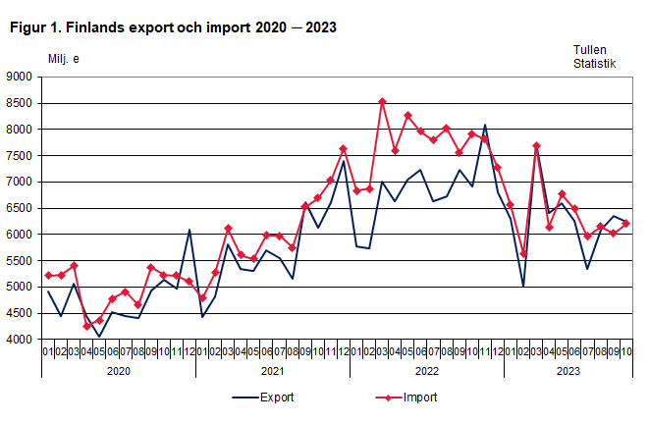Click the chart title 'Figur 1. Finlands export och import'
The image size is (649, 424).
(173, 27)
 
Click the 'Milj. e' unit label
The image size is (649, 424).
(64, 58)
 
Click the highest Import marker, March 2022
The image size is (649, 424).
(382, 101)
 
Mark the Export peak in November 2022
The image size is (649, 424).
(485, 125)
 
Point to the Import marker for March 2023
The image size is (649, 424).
(536, 146)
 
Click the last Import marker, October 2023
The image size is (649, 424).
(625, 224)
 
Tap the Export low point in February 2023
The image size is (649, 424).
(523, 287)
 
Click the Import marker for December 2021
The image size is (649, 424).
(344, 149)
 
